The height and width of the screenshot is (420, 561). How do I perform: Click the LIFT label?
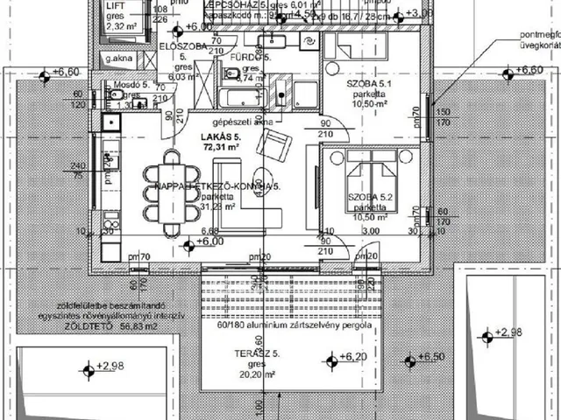coord(116,5)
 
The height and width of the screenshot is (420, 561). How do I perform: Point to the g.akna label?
coord(117,59)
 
